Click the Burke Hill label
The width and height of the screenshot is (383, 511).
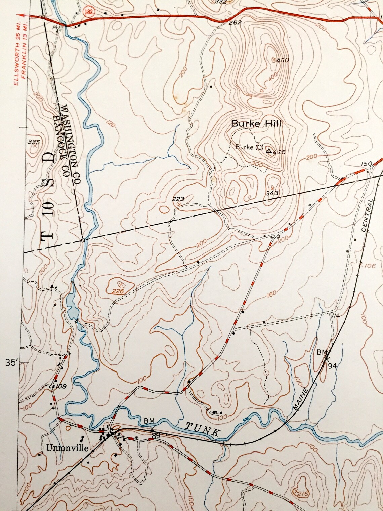[x=256, y=124]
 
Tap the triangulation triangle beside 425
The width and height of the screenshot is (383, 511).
[x=269, y=151]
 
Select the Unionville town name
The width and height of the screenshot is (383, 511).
[x=68, y=448]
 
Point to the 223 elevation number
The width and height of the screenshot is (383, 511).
[x=178, y=199]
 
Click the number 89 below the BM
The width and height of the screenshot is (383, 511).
[x=156, y=436]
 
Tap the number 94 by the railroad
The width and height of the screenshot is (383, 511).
[x=332, y=365]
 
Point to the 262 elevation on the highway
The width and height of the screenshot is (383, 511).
[x=235, y=23]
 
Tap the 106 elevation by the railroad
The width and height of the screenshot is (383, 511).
[x=370, y=266]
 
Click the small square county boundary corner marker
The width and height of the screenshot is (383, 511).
[x=83, y=241]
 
